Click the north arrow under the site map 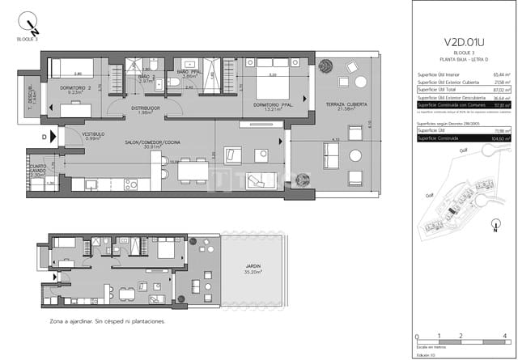pyautogui.click(x=495, y=227)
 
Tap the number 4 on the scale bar pyautogui.click(x=504, y=335)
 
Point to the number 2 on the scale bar pyautogui.click(x=461, y=335)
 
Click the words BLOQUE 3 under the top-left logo pyautogui.click(x=27, y=38)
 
